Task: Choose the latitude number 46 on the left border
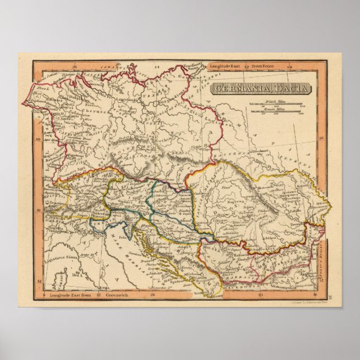[39, 210]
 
